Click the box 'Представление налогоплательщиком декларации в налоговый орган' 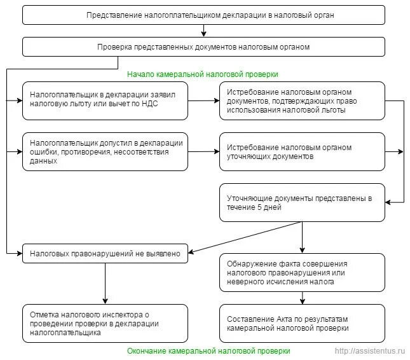point(203,15)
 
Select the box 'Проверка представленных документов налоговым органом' point(203,47)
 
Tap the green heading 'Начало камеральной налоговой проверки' point(203,74)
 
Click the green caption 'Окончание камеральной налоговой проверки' point(208,351)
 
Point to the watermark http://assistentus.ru point(370,351)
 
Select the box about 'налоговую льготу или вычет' point(105,100)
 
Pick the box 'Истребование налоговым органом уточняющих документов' point(302,152)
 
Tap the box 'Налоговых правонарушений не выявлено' point(105,254)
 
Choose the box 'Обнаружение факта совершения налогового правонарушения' point(302,273)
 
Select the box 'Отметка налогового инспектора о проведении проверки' point(105,323)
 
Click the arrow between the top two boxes point(203,31)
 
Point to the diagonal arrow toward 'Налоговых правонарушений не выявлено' point(245,237)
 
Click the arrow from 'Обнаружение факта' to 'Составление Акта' point(303,298)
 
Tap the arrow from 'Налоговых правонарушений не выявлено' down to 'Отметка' point(105,284)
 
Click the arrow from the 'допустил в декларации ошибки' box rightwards point(203,151)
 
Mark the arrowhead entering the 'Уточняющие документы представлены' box point(388,202)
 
